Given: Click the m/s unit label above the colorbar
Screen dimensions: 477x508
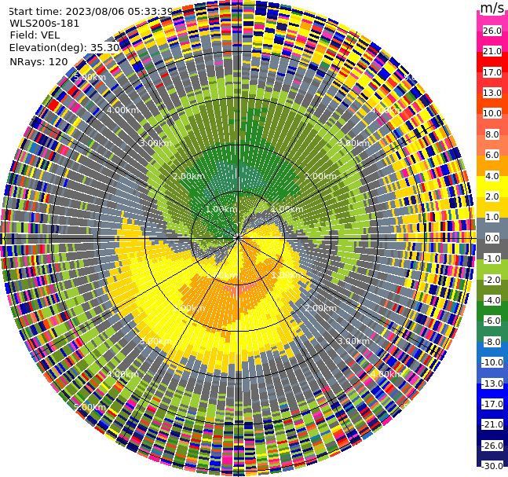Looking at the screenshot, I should [492, 9].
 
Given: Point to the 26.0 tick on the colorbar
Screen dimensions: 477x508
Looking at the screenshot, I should [492, 31].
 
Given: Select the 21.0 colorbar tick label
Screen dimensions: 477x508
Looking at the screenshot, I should [492, 51].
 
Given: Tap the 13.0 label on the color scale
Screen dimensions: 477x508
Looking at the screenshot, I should [492, 93].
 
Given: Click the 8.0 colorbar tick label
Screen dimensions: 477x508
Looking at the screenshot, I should [492, 134].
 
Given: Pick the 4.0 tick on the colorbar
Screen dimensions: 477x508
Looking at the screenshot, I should [492, 176].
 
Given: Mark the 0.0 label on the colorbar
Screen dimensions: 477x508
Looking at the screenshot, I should [492, 238].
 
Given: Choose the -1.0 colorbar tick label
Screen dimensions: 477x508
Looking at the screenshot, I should [492, 259].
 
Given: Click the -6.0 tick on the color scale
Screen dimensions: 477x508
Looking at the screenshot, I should [492, 321].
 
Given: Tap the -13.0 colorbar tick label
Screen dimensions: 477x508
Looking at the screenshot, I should [492, 383].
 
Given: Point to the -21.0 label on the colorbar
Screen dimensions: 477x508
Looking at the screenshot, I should [492, 424].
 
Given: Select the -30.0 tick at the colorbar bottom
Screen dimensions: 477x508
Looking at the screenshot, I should [492, 466].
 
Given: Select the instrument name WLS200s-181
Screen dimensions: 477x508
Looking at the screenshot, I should [45, 23].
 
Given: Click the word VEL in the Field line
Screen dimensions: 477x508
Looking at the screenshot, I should [50, 35].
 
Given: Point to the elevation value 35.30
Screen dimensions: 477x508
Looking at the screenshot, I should [104, 47].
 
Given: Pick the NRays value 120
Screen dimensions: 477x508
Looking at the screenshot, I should [57, 61].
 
